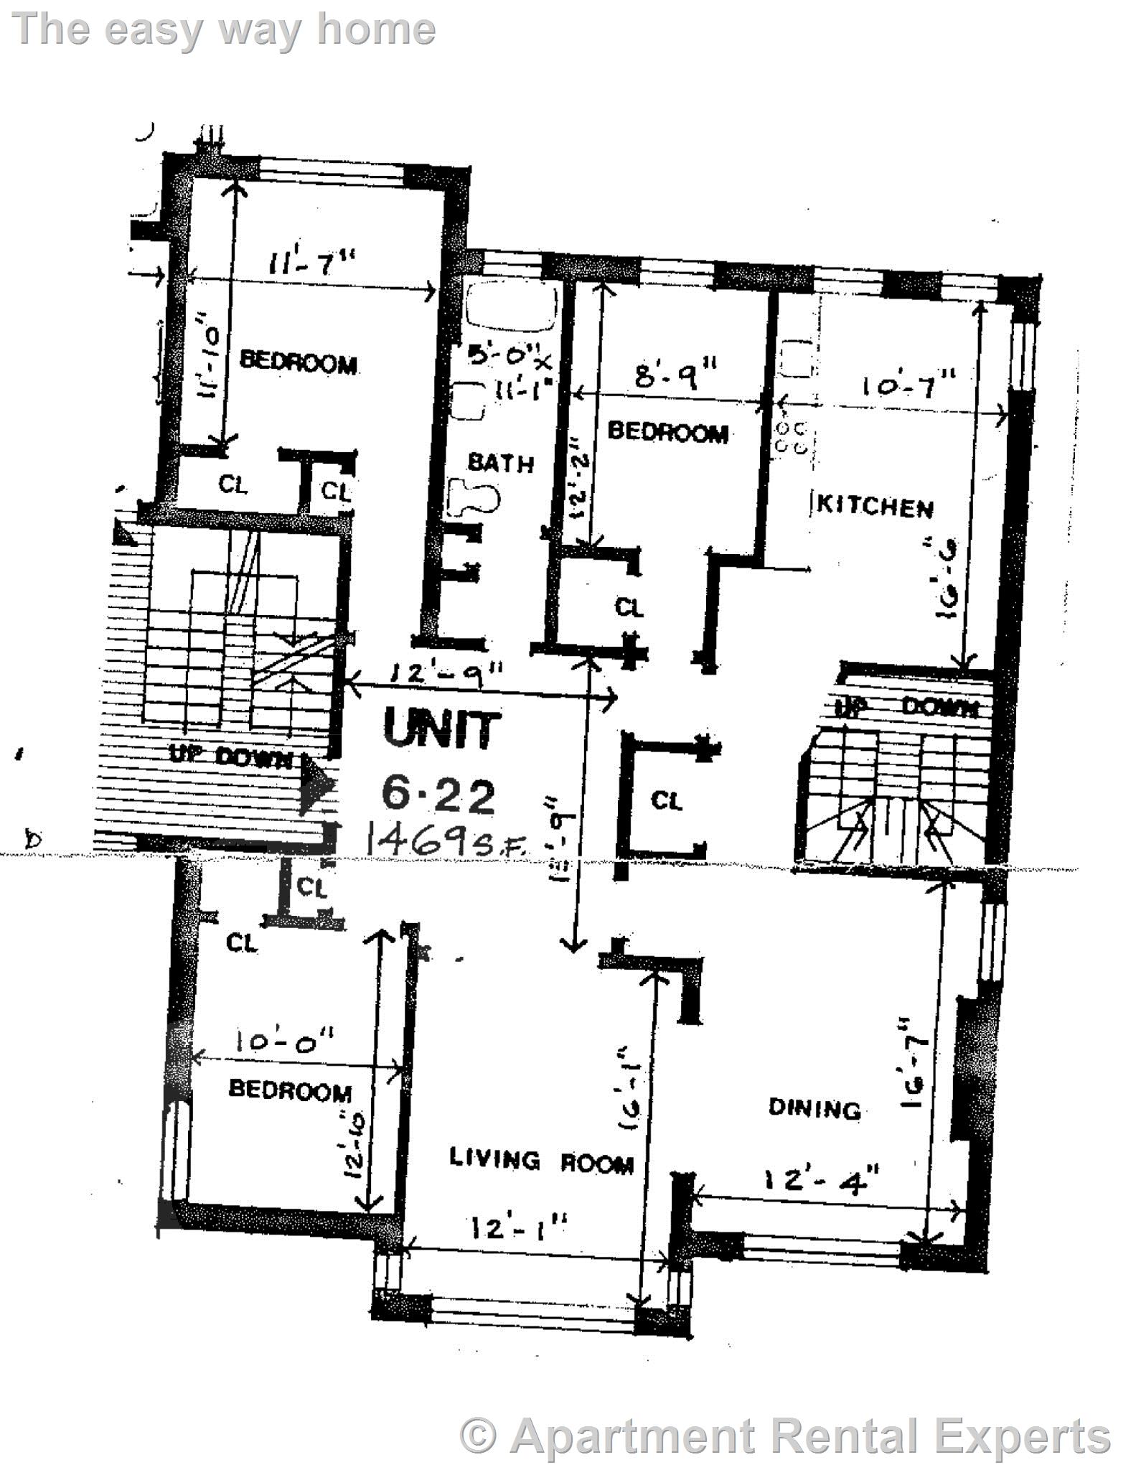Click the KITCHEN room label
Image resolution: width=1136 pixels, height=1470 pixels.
click(x=876, y=507)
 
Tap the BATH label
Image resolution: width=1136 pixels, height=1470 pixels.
click(x=501, y=463)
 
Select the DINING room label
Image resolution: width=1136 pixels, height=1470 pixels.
click(x=815, y=1108)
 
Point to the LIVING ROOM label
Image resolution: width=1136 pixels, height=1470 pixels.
click(x=542, y=1159)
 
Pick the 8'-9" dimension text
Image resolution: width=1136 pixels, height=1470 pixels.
click(x=677, y=375)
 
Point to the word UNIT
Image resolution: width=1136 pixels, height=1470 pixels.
click(x=441, y=730)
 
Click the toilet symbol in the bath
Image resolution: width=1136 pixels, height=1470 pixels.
click(x=474, y=497)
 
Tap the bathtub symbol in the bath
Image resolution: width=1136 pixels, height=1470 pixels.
click(x=512, y=307)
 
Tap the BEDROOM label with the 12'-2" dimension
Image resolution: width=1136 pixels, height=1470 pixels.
click(x=667, y=432)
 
